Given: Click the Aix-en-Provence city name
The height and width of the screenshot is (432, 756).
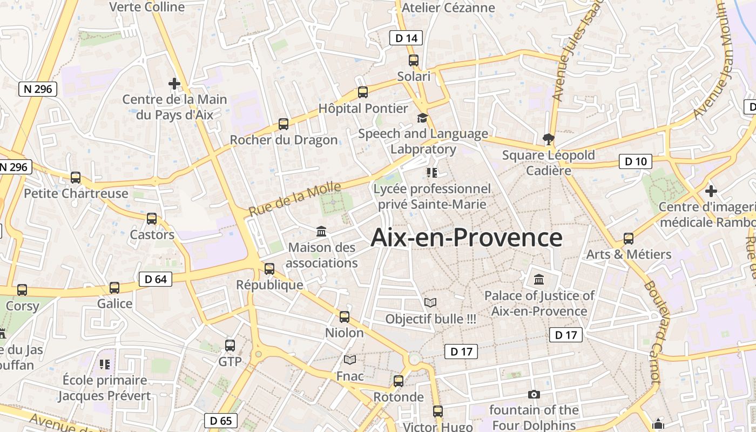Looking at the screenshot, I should click(x=467, y=238).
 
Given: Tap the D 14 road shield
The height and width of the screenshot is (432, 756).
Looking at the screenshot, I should click(x=406, y=38).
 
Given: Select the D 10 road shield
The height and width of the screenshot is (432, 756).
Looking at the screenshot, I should click(x=636, y=161).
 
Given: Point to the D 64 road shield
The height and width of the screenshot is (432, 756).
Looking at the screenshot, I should click(x=156, y=279).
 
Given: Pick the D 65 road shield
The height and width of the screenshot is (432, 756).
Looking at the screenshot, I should click(x=221, y=421).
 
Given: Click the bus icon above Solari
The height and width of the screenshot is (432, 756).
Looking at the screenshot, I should click(x=414, y=60).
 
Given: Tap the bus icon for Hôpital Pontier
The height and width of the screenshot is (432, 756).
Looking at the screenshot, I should click(x=363, y=92).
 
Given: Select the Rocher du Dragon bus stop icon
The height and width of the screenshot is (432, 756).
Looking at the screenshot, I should click(x=283, y=124).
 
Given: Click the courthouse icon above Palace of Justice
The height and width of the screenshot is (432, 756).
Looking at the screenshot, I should click(x=539, y=280).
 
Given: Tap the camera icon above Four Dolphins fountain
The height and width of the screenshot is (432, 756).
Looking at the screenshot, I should click(x=534, y=395).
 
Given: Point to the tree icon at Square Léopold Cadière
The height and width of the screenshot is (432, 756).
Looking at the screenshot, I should click(x=549, y=139).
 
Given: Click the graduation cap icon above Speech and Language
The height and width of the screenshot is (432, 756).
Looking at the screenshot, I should click(x=422, y=118).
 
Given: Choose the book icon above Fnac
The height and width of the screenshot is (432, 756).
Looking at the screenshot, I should click(x=350, y=360).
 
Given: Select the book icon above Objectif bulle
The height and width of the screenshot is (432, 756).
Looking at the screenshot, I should click(x=430, y=303).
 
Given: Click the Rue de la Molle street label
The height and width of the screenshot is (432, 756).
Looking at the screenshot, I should click(x=295, y=199).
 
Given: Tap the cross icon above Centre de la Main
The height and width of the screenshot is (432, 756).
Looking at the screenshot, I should click(x=174, y=84).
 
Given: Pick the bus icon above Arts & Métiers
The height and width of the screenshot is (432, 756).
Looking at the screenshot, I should click(x=629, y=238).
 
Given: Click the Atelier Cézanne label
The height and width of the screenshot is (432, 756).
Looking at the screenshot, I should click(x=448, y=8).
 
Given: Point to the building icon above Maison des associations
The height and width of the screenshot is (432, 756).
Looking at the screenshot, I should click(x=321, y=232).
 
